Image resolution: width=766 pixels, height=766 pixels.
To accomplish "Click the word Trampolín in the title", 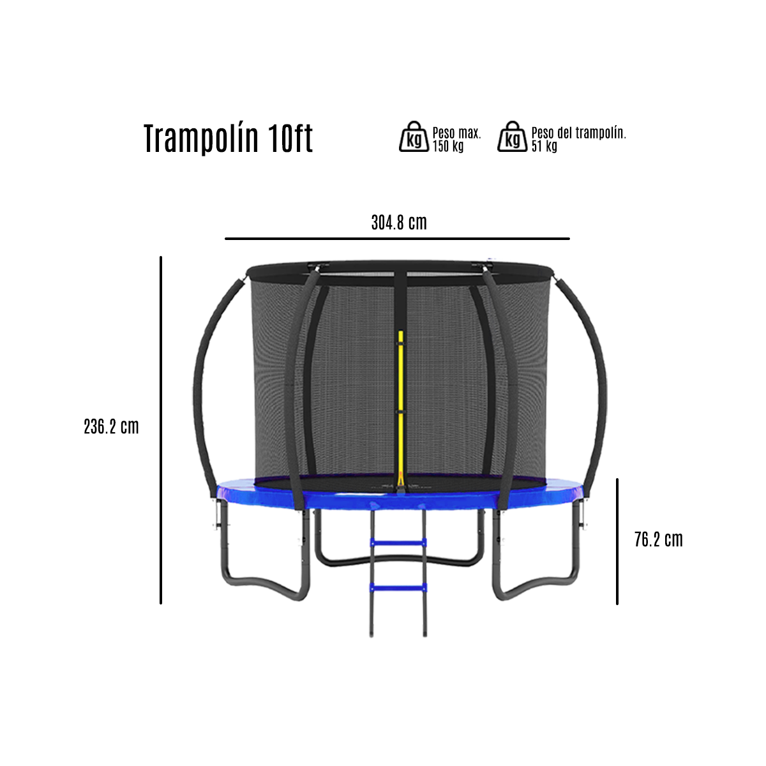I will click(x=201, y=139).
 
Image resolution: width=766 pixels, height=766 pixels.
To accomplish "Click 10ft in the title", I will click(x=290, y=139).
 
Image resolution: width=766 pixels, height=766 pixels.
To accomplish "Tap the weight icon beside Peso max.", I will click(x=414, y=137).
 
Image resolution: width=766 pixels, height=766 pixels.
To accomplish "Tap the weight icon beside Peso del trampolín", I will click(x=513, y=137).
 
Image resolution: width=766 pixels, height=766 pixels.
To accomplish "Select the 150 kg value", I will click(x=448, y=146).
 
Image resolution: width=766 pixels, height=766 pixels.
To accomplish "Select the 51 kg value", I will click(x=544, y=146).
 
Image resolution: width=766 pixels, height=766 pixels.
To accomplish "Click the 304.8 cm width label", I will click(x=399, y=223).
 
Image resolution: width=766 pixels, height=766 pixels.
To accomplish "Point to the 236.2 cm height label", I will click(x=111, y=426).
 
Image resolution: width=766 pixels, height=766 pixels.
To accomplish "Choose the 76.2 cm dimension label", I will click(x=658, y=540).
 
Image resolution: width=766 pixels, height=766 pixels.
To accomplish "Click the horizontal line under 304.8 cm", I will click(x=397, y=239).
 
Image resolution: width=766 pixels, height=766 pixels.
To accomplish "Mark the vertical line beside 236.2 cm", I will click(x=161, y=430).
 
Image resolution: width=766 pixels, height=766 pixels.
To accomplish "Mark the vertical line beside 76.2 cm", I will click(x=617, y=541).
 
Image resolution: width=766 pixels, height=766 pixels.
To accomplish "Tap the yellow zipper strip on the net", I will click(x=401, y=402).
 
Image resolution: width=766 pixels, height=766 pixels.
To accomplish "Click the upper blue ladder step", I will click(x=398, y=543).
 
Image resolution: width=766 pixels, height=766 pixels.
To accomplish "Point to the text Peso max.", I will click(x=456, y=133).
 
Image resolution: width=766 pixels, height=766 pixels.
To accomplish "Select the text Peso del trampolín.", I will click(x=578, y=133).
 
